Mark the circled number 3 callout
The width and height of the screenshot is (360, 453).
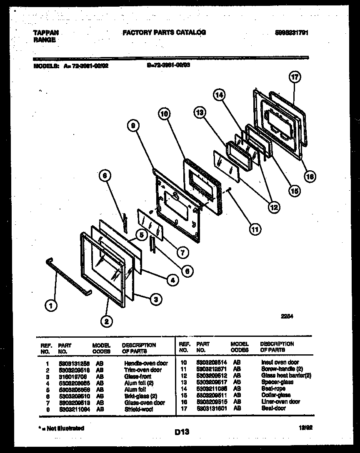(x=155, y=298)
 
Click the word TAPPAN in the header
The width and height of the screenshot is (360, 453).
(x=45, y=32)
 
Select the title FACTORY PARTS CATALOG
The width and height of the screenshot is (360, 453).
(x=164, y=32)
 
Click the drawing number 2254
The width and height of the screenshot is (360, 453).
(x=287, y=316)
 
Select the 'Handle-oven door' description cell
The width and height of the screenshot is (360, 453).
(x=146, y=363)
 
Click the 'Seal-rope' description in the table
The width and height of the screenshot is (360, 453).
(x=273, y=388)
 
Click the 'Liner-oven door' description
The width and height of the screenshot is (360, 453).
(x=280, y=402)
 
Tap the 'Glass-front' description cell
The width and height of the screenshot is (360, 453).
(x=137, y=376)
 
